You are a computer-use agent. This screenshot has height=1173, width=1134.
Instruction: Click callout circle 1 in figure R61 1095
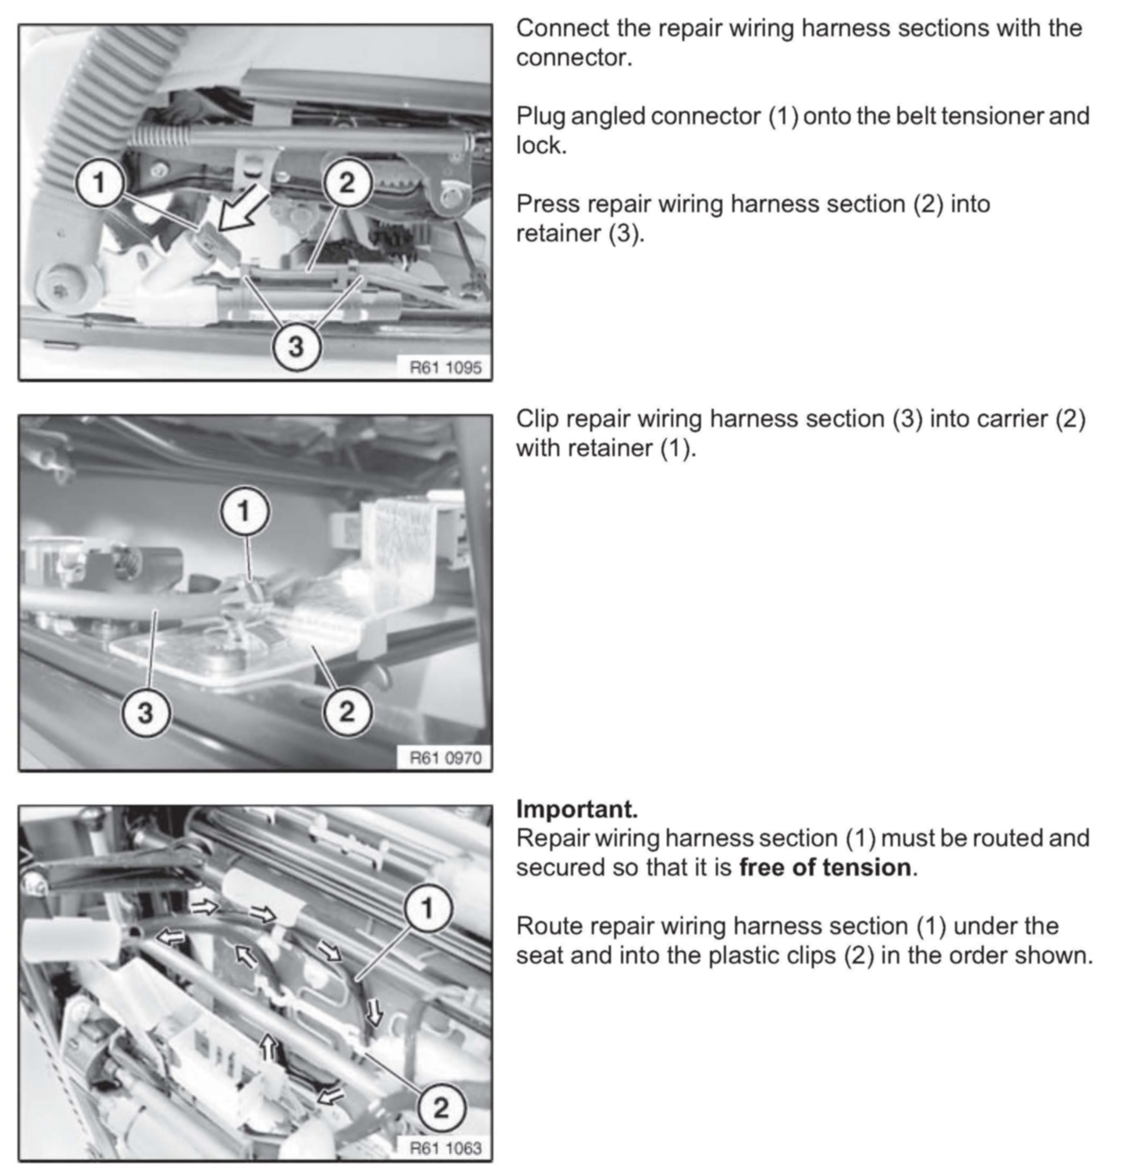coord(100,182)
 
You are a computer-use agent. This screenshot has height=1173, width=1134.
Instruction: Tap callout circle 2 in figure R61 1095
coord(347,182)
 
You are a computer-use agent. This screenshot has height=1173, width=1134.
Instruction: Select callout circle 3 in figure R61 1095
coord(296,345)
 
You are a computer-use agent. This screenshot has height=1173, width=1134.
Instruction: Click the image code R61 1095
coord(445,367)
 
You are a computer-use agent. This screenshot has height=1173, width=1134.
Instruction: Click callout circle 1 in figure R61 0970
coord(244,512)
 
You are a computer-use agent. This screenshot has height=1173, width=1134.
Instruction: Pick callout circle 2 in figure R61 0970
coord(347,711)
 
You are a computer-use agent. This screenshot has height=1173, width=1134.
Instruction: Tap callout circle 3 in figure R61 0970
coord(145,713)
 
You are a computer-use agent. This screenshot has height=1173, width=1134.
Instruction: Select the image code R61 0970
coord(445,758)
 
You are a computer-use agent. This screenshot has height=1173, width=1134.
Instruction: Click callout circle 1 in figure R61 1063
coord(428,909)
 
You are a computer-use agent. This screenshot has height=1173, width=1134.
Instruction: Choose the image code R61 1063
coord(445,1147)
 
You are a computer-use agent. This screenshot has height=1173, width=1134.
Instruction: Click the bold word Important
coord(576,809)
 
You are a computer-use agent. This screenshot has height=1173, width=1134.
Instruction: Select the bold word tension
coord(876,867)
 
